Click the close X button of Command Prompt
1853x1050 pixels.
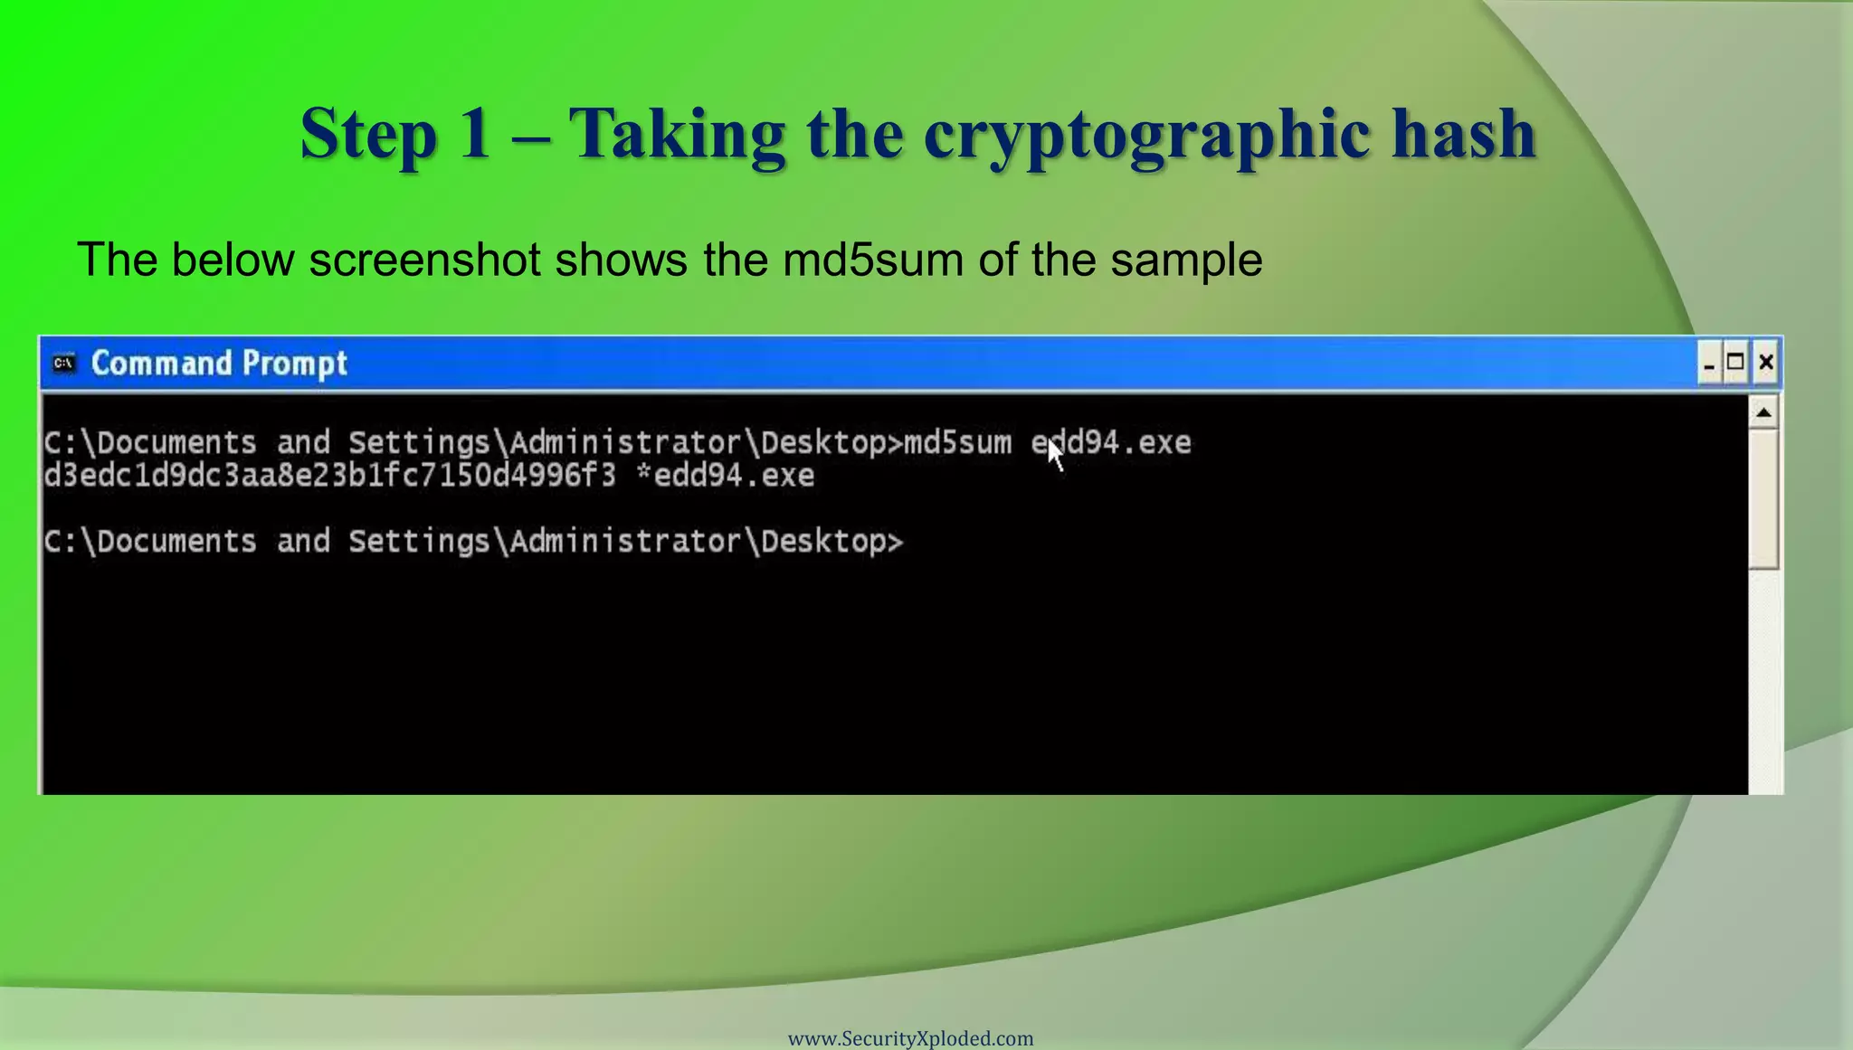coord(1765,363)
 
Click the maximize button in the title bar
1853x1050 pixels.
coord(1735,363)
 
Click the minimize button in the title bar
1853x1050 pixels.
coord(1708,364)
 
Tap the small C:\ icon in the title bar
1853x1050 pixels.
coord(63,363)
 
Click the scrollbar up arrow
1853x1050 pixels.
coord(1763,413)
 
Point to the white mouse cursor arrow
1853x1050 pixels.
coord(1055,453)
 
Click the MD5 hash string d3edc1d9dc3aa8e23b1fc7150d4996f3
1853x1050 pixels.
coord(329,476)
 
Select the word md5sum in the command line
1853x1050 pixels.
coord(957,443)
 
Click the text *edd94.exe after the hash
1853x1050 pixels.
coord(725,476)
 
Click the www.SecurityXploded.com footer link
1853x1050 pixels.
coord(910,1038)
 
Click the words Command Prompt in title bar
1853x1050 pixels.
coord(219,364)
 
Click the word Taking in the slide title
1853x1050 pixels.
coord(677,135)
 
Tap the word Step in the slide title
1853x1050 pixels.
coord(367,135)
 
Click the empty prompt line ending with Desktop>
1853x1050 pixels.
coord(473,542)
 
